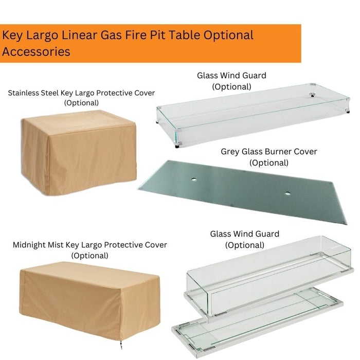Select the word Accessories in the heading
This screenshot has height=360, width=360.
[x=36, y=52]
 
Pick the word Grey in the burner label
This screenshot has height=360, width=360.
[x=231, y=152]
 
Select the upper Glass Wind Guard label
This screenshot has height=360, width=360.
[x=231, y=76]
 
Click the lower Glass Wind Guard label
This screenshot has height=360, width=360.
[x=244, y=234]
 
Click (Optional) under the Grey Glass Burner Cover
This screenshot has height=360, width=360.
[x=268, y=163]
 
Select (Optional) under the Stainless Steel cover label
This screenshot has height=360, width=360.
[x=81, y=103]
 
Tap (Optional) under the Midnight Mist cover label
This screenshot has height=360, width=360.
[x=89, y=255]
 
